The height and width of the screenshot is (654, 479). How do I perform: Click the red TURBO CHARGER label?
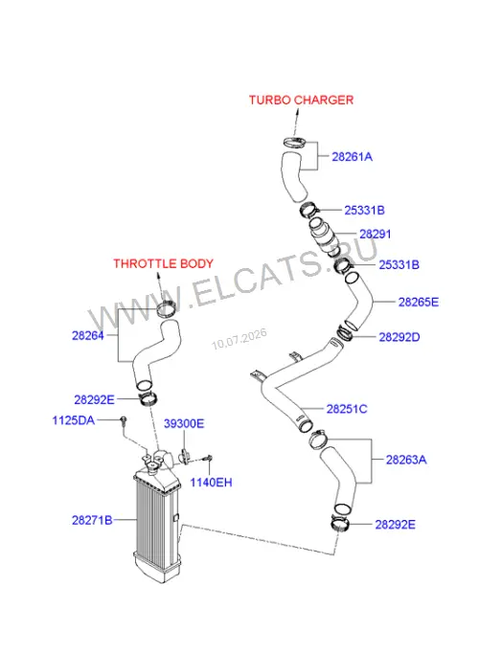coord(301,101)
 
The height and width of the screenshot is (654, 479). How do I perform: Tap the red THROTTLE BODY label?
coord(163,263)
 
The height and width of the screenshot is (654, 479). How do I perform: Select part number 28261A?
coord(352,157)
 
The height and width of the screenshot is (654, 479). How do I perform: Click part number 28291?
coord(376,234)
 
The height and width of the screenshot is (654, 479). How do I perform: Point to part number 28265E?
coord(419,302)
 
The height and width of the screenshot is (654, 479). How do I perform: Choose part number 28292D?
coord(399,337)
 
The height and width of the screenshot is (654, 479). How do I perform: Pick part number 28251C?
coord(347,409)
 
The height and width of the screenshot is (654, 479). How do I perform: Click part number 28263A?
coord(406,460)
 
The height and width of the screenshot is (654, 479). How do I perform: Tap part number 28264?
coord(87,335)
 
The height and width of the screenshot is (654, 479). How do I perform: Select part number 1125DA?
coord(74,420)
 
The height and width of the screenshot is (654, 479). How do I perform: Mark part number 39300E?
coord(184,424)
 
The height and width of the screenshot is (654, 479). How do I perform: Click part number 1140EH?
coord(211,483)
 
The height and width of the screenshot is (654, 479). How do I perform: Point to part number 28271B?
coord(92,520)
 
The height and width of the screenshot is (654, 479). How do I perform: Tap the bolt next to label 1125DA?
coord(123,420)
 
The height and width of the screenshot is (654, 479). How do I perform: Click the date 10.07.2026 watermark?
coord(239,339)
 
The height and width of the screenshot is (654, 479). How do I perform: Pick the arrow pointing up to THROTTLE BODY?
coord(160,287)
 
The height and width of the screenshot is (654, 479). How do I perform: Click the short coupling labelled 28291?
coord(323,236)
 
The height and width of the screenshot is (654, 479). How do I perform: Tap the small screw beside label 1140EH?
coord(208,459)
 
